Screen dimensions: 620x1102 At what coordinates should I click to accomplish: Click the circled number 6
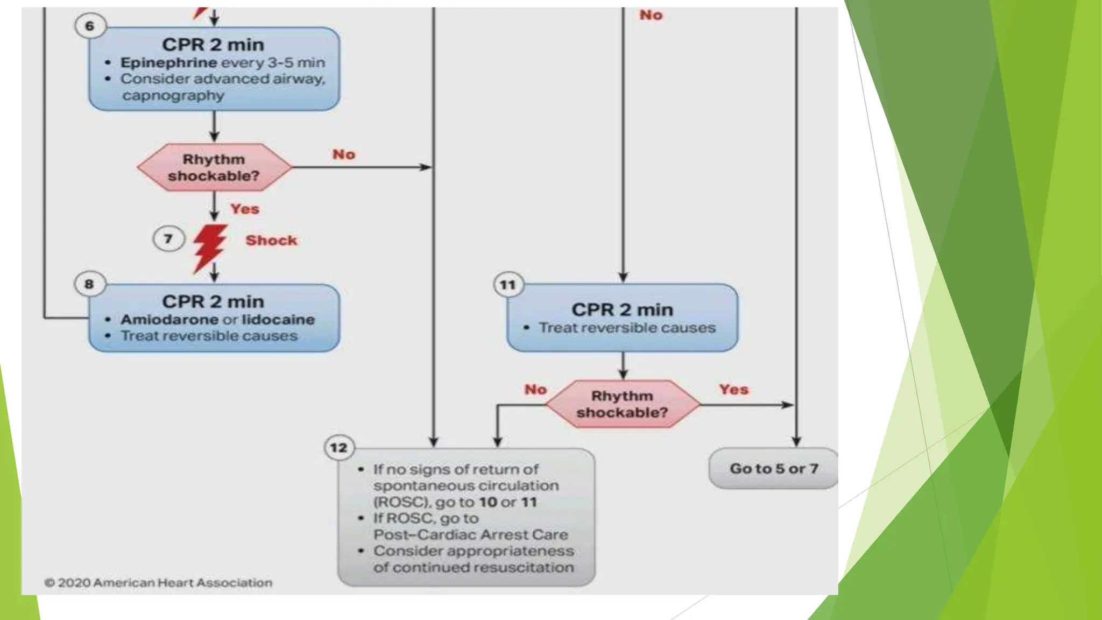[x=90, y=26]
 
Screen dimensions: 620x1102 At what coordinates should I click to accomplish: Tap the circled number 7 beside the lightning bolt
[x=168, y=238]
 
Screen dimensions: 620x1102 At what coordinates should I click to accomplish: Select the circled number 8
[x=89, y=284]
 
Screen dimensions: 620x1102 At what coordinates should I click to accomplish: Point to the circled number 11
[x=508, y=285]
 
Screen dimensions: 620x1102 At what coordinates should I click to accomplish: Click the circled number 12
[x=339, y=448]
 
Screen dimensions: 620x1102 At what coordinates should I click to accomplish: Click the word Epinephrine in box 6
[x=168, y=62]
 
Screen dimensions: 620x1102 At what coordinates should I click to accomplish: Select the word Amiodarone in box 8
[x=169, y=320]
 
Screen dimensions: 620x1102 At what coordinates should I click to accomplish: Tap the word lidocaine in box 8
[x=278, y=320]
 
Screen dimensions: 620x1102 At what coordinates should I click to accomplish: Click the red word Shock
[x=271, y=240]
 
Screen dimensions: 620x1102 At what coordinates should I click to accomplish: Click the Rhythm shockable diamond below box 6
[x=214, y=167]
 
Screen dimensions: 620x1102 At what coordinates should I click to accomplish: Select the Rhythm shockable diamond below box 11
[x=622, y=404]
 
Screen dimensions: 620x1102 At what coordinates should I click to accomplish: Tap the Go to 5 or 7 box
[x=773, y=469]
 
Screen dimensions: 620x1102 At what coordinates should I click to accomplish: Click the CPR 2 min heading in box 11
[x=622, y=309]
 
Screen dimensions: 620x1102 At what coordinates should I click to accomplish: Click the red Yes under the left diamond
[x=245, y=209]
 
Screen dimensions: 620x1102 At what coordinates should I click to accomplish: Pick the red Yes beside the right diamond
[x=733, y=389]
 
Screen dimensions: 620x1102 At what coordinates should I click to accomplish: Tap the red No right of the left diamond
[x=344, y=154]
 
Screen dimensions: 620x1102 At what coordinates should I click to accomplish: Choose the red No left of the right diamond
[x=535, y=389]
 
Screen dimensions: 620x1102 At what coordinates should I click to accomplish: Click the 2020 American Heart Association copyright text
[x=158, y=582]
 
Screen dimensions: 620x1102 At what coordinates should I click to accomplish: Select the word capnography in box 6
[x=173, y=96]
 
